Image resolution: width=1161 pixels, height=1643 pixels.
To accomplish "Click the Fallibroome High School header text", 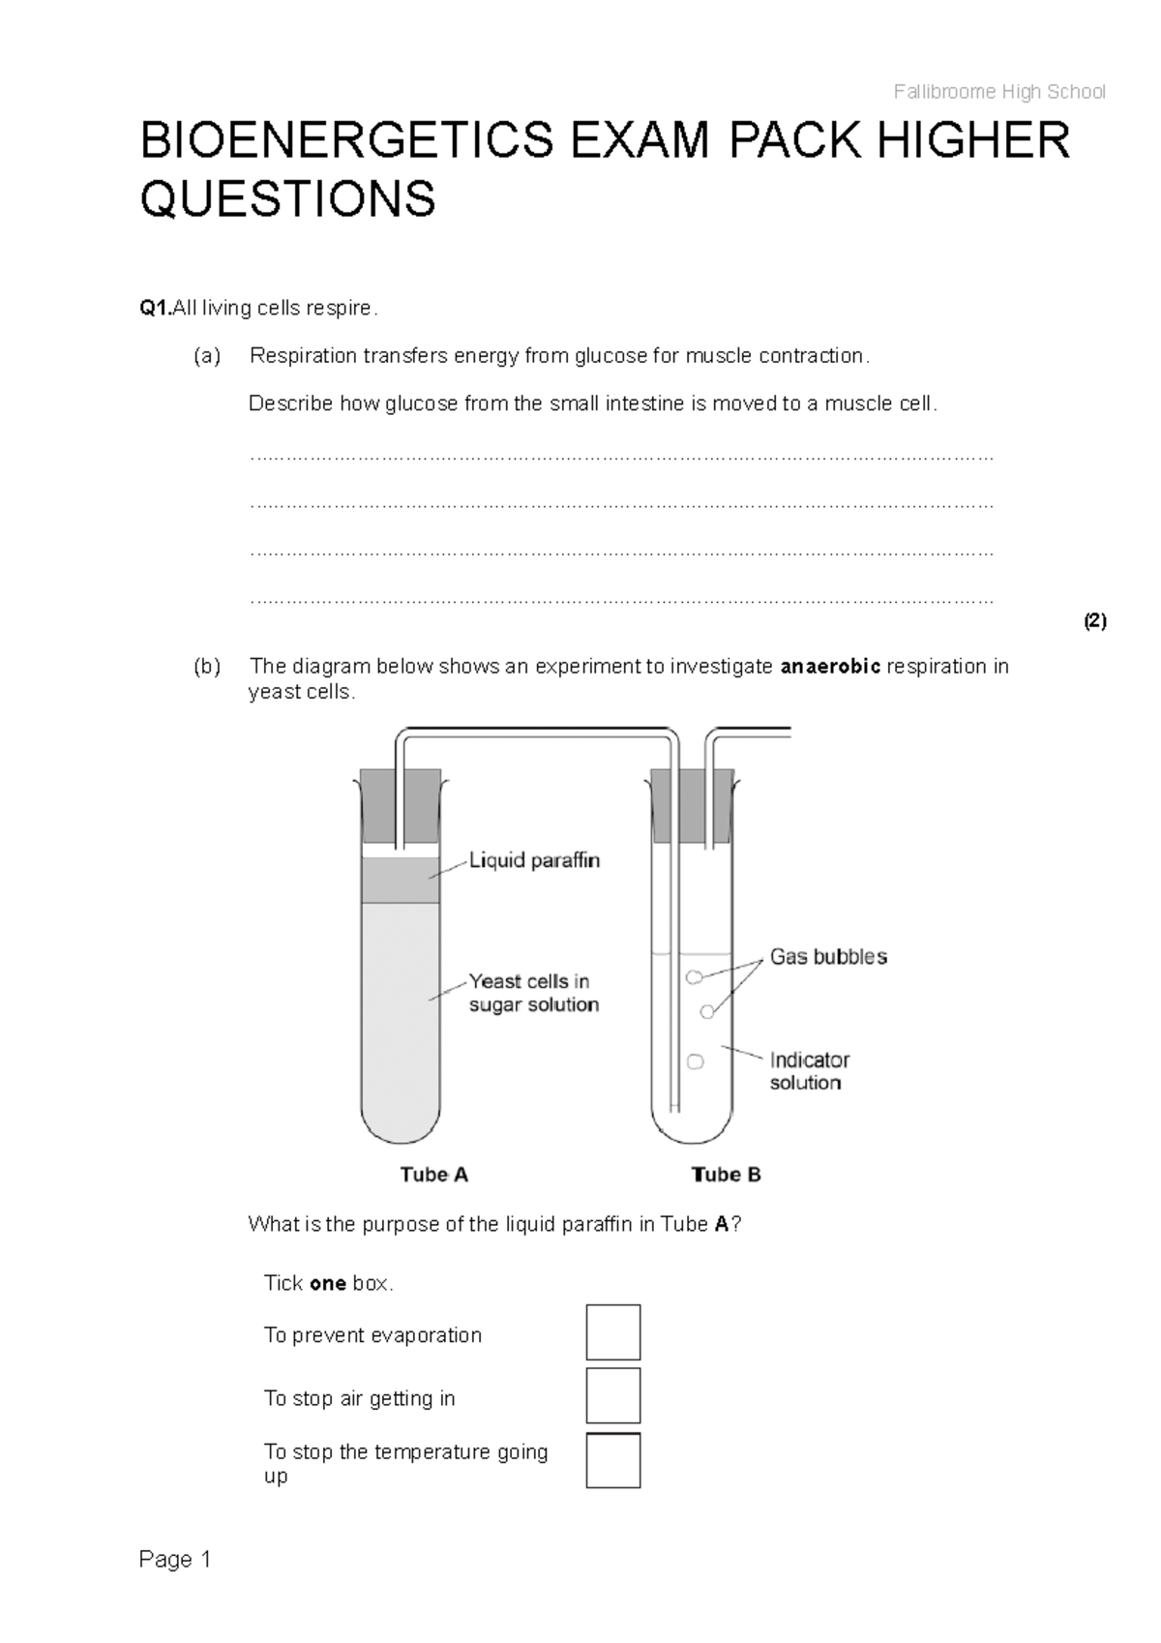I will point(998,92).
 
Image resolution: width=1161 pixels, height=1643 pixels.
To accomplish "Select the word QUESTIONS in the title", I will point(288,200).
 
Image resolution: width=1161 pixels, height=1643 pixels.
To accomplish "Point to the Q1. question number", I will point(155,309).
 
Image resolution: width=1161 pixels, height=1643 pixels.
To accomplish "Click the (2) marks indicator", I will point(1094,621).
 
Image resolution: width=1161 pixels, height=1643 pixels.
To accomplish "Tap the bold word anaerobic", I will point(830,667).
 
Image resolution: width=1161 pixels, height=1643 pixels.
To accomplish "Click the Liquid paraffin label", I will point(534,860).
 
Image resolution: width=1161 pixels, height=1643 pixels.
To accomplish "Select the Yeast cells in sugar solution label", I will point(533,993).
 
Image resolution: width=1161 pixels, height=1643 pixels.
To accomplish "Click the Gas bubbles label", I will point(828,957).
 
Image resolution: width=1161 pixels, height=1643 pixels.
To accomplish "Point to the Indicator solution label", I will point(809,1071).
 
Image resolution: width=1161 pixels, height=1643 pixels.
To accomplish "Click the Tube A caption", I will point(434,1175).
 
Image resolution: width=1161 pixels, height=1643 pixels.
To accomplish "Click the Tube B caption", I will point(727,1175).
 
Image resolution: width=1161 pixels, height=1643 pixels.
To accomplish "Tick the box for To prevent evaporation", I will point(613,1332).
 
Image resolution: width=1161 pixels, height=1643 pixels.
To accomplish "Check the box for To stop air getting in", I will point(613,1395).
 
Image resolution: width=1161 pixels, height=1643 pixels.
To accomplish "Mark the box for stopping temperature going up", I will point(613,1460).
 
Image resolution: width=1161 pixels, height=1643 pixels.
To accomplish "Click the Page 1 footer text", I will point(175,1560).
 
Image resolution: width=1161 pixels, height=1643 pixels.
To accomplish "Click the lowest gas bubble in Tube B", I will point(695,1062).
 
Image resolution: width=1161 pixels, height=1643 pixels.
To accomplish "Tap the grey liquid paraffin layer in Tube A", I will point(401,881).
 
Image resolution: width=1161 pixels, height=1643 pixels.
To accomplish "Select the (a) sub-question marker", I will point(206,356).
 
